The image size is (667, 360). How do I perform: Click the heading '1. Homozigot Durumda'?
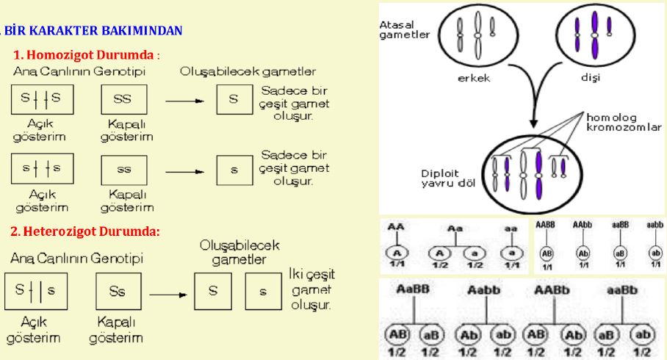point(86,56)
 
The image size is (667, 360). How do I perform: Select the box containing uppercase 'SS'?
point(124,98)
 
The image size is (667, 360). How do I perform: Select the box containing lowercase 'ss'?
point(124,169)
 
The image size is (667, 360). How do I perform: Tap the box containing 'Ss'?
point(118,292)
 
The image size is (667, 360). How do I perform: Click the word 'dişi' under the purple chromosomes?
point(591,78)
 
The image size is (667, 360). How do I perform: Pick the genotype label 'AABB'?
point(546,225)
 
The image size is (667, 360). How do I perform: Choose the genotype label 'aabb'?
point(654,225)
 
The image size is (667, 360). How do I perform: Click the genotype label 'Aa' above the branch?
point(458,228)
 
